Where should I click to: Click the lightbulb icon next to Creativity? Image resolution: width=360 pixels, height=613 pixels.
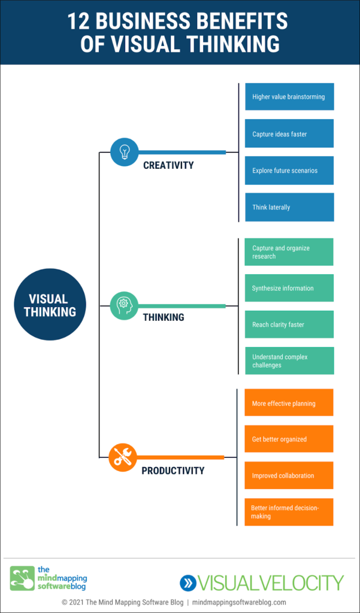click(125, 152)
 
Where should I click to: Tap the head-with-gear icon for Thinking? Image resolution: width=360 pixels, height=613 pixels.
click(124, 305)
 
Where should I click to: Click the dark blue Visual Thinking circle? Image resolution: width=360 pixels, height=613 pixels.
click(50, 305)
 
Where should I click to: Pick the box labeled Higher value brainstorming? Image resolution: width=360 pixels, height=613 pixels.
click(289, 97)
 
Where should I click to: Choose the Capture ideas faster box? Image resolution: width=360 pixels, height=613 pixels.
click(289, 133)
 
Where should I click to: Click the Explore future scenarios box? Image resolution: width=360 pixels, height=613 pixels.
click(289, 171)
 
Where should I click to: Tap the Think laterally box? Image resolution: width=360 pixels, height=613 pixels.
click(289, 207)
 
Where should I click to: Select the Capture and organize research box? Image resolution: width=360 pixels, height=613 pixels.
click(289, 252)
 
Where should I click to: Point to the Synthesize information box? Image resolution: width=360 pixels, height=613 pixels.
click(289, 288)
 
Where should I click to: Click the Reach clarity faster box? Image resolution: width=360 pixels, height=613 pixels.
click(289, 324)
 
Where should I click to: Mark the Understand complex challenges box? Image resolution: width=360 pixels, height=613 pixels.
click(289, 361)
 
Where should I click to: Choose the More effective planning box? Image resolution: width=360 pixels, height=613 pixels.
click(289, 403)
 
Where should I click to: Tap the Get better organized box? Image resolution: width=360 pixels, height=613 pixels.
click(289, 439)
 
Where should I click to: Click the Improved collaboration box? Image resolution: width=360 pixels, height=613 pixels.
click(289, 475)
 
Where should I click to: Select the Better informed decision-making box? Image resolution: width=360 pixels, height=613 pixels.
click(289, 512)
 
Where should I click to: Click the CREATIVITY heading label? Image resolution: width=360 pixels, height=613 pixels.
click(168, 165)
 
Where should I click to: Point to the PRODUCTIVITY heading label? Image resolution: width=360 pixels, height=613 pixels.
click(173, 471)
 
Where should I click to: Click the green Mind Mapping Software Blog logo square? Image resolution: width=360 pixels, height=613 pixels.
click(22, 578)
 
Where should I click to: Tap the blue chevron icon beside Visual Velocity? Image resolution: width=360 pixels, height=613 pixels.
click(188, 582)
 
